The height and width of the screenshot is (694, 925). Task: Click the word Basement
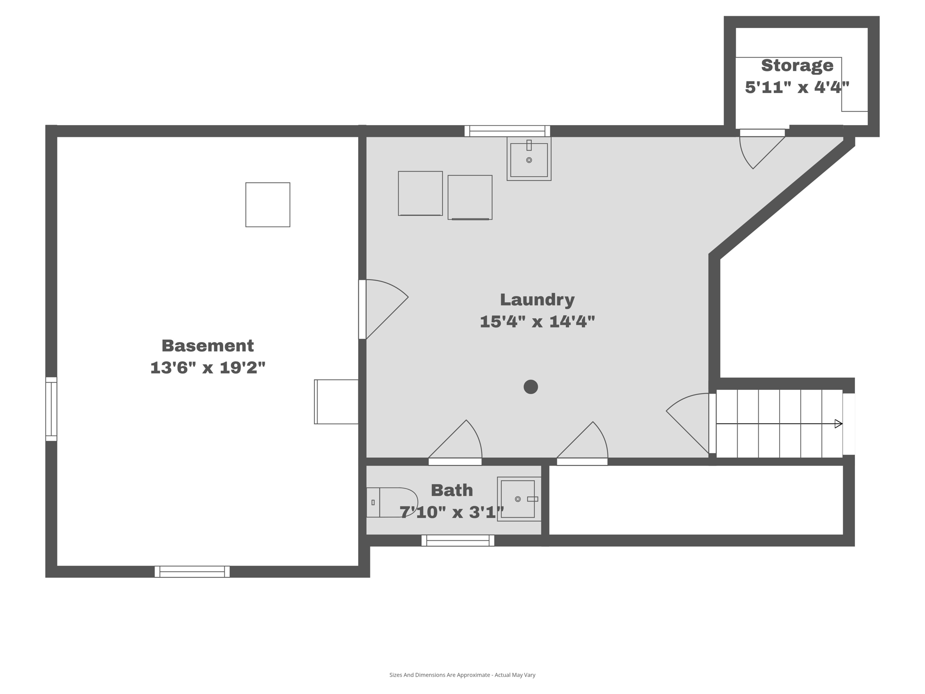coord(207,346)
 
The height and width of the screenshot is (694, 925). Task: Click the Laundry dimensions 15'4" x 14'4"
coord(537,322)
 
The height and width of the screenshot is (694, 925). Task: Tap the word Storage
coord(797,66)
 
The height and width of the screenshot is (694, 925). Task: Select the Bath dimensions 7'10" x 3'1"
coord(452,512)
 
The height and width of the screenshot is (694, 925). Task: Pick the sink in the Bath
coord(519,499)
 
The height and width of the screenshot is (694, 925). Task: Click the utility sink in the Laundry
coord(529,159)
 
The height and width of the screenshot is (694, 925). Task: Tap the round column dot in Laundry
coord(531,387)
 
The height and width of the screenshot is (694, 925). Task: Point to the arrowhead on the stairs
coord(838,424)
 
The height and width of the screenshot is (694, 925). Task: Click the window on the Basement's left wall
coord(51,409)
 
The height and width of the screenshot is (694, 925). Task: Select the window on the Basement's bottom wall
coord(192,572)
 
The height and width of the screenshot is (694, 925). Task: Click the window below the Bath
coord(458,540)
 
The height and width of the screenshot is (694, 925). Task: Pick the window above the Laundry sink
coord(507,131)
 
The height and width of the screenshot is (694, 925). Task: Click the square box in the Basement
coord(268,205)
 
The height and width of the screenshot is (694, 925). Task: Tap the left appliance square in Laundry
coord(420,193)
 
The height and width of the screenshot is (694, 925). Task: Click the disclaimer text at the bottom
coord(462,675)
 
